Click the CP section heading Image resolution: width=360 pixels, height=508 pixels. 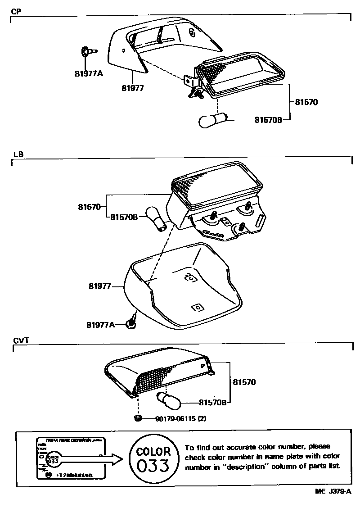16,11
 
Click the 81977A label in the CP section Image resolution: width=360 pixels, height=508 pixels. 89,73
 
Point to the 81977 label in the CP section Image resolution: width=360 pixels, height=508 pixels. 132,88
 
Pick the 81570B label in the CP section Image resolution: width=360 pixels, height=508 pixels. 268,120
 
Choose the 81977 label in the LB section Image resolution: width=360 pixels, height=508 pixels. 100,286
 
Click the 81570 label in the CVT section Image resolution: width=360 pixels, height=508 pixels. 244,382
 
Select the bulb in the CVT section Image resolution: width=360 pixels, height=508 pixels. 168,399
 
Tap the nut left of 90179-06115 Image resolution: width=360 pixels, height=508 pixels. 138,418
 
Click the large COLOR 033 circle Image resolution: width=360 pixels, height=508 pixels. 153,458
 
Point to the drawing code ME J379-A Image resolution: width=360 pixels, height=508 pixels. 333,493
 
